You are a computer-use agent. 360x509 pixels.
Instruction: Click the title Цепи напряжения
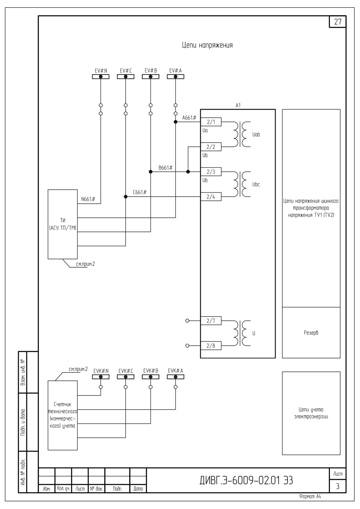click(207, 45)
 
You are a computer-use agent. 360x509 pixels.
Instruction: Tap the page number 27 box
click(337, 22)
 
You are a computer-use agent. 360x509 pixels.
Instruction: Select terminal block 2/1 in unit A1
click(211, 122)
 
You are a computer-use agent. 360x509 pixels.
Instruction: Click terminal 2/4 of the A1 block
click(211, 197)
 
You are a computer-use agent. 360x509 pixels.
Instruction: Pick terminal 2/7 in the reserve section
click(211, 321)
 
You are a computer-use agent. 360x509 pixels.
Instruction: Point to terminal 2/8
click(211, 346)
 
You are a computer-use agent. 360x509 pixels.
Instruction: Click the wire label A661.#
click(189, 118)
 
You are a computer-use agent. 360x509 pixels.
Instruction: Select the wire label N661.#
click(88, 199)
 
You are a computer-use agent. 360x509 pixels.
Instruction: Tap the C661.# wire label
click(140, 192)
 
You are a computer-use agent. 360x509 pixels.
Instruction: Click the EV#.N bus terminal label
click(101, 71)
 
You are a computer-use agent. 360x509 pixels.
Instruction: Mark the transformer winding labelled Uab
click(256, 135)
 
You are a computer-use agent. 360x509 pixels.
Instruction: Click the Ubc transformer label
click(256, 184)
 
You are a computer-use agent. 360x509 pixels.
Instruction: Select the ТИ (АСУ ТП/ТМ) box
click(62, 224)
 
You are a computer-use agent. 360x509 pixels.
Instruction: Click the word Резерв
click(311, 333)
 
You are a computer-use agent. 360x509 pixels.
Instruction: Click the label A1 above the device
click(238, 106)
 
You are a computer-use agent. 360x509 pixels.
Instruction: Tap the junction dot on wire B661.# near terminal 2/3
click(188, 172)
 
